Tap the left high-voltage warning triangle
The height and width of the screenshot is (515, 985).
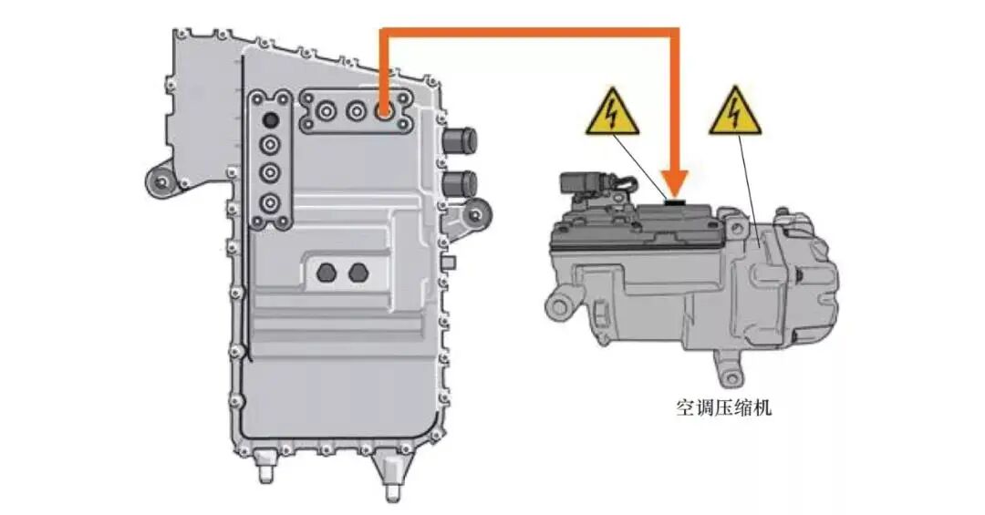(x=612, y=114)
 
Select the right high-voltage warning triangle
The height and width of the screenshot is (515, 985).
(x=735, y=113)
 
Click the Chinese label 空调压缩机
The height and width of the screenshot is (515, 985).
(x=723, y=409)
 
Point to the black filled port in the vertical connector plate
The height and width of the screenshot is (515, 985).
(x=271, y=118)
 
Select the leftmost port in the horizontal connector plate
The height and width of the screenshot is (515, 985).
(x=326, y=112)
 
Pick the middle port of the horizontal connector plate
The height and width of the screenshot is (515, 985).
(x=356, y=112)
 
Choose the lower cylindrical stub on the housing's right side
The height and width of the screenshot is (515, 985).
(x=460, y=183)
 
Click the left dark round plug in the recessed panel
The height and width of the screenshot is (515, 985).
(x=327, y=273)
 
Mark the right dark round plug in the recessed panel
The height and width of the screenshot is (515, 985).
(x=358, y=273)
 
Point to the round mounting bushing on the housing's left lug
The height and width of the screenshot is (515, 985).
(x=162, y=183)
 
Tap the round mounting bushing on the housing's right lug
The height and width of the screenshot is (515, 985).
(x=476, y=215)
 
